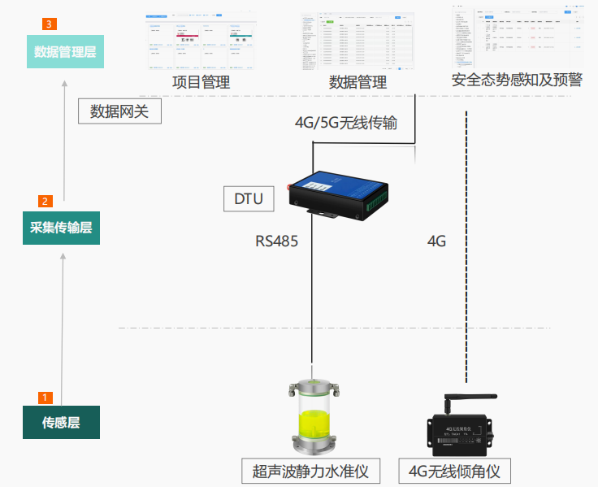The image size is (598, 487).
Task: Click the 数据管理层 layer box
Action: point(64,52)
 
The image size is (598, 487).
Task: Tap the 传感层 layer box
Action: point(61,423)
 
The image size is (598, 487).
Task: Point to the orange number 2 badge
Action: point(45,201)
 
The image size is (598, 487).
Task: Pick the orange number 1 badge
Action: point(45,398)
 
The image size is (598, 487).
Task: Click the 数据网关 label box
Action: point(119,111)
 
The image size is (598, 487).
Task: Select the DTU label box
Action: point(249,198)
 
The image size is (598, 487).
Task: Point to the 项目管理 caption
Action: point(201,81)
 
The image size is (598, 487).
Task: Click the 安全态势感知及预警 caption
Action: point(518,80)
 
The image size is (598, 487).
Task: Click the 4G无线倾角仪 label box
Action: point(454,471)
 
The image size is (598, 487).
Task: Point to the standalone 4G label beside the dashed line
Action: point(436,241)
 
